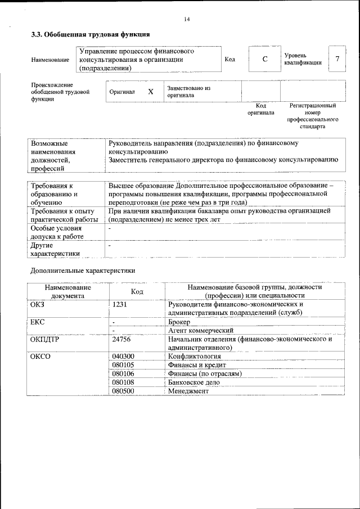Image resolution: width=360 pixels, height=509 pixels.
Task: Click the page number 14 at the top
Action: [x=187, y=19]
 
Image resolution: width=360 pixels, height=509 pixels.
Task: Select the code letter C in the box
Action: [x=264, y=59]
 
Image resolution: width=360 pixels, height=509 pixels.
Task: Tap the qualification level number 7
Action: [x=336, y=59]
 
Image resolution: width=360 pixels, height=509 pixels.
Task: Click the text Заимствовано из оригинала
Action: [x=188, y=92]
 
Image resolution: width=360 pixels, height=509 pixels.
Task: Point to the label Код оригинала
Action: [x=260, y=109]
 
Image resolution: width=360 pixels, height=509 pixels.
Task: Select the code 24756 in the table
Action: [x=122, y=339]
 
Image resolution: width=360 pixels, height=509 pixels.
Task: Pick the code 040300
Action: [x=123, y=356]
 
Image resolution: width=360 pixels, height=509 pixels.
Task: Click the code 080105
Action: [x=123, y=364]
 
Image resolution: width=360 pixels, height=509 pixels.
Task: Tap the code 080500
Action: [x=123, y=390]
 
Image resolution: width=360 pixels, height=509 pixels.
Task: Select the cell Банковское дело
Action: [x=194, y=382]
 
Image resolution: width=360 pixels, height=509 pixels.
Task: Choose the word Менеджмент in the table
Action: [x=188, y=390]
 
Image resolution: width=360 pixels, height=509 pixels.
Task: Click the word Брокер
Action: [x=179, y=322]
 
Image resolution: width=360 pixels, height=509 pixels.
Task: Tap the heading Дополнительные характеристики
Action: [x=83, y=270]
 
